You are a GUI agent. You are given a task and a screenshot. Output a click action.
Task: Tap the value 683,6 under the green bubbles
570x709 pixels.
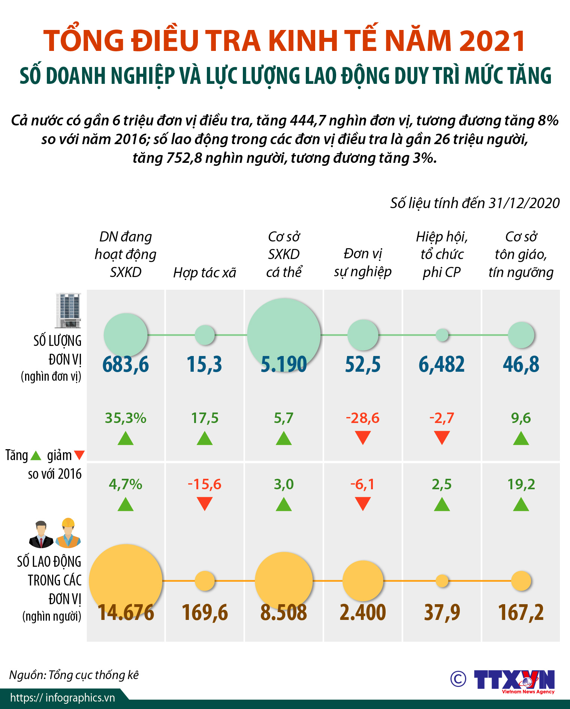click(x=126, y=364)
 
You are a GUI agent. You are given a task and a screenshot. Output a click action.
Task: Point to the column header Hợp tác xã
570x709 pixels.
click(x=205, y=273)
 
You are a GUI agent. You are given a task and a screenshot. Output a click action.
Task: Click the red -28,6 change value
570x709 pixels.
click(x=363, y=418)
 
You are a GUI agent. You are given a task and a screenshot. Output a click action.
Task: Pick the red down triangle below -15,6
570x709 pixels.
click(x=205, y=503)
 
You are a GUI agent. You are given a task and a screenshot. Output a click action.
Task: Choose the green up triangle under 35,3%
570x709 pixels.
click(x=126, y=438)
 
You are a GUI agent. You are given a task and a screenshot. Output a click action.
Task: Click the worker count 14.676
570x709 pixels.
click(x=126, y=612)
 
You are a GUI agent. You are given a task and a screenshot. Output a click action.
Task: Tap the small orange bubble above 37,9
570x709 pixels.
click(x=442, y=581)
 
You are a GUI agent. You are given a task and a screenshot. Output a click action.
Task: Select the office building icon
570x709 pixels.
click(x=69, y=310)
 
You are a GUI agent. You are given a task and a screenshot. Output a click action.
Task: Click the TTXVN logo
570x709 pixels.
click(x=514, y=680)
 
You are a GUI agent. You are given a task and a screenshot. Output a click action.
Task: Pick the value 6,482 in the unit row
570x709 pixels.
click(x=442, y=364)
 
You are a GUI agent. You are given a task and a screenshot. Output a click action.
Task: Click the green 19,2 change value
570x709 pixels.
click(x=521, y=484)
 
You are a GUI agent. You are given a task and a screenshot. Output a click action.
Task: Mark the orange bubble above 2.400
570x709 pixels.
click(x=363, y=581)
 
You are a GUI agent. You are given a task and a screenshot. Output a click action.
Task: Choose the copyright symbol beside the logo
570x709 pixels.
click(x=458, y=679)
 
